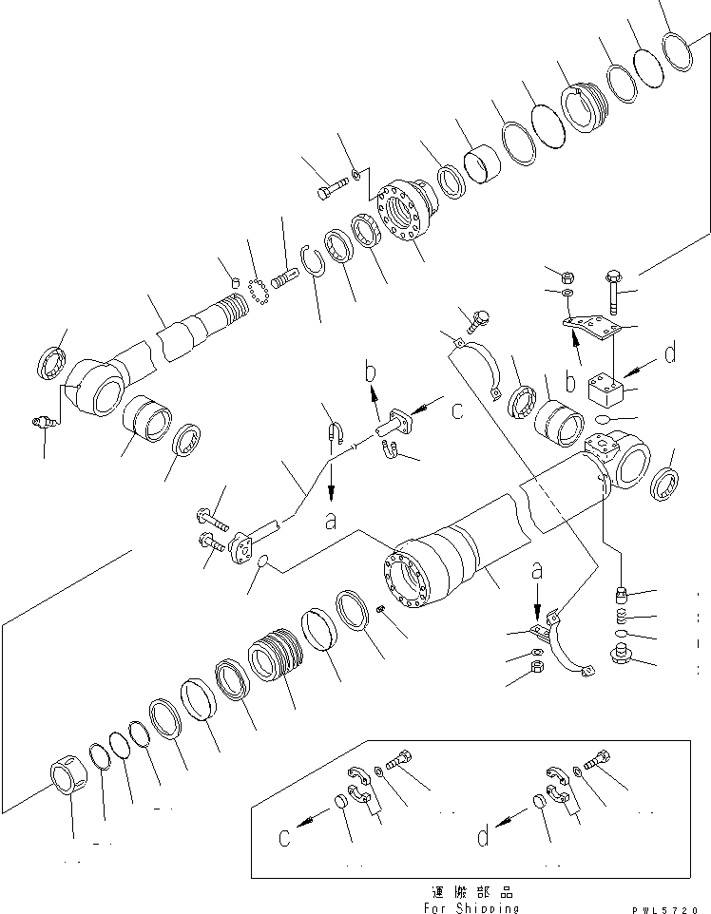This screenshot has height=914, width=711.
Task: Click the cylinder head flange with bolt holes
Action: [403, 217]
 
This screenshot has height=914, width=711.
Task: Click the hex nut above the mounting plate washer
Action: [564, 278]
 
